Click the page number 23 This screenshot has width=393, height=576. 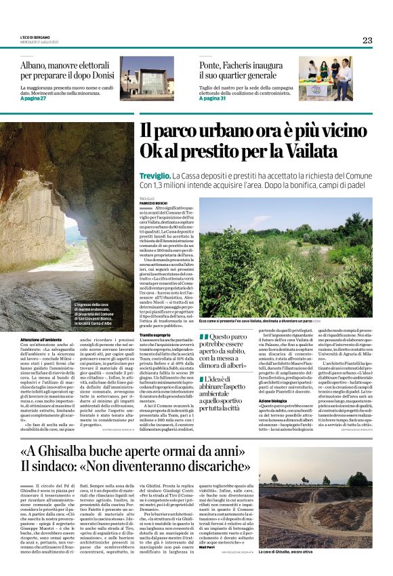367,40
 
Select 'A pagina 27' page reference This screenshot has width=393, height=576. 33,98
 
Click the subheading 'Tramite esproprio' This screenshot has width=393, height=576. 155,335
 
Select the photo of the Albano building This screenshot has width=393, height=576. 146,76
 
